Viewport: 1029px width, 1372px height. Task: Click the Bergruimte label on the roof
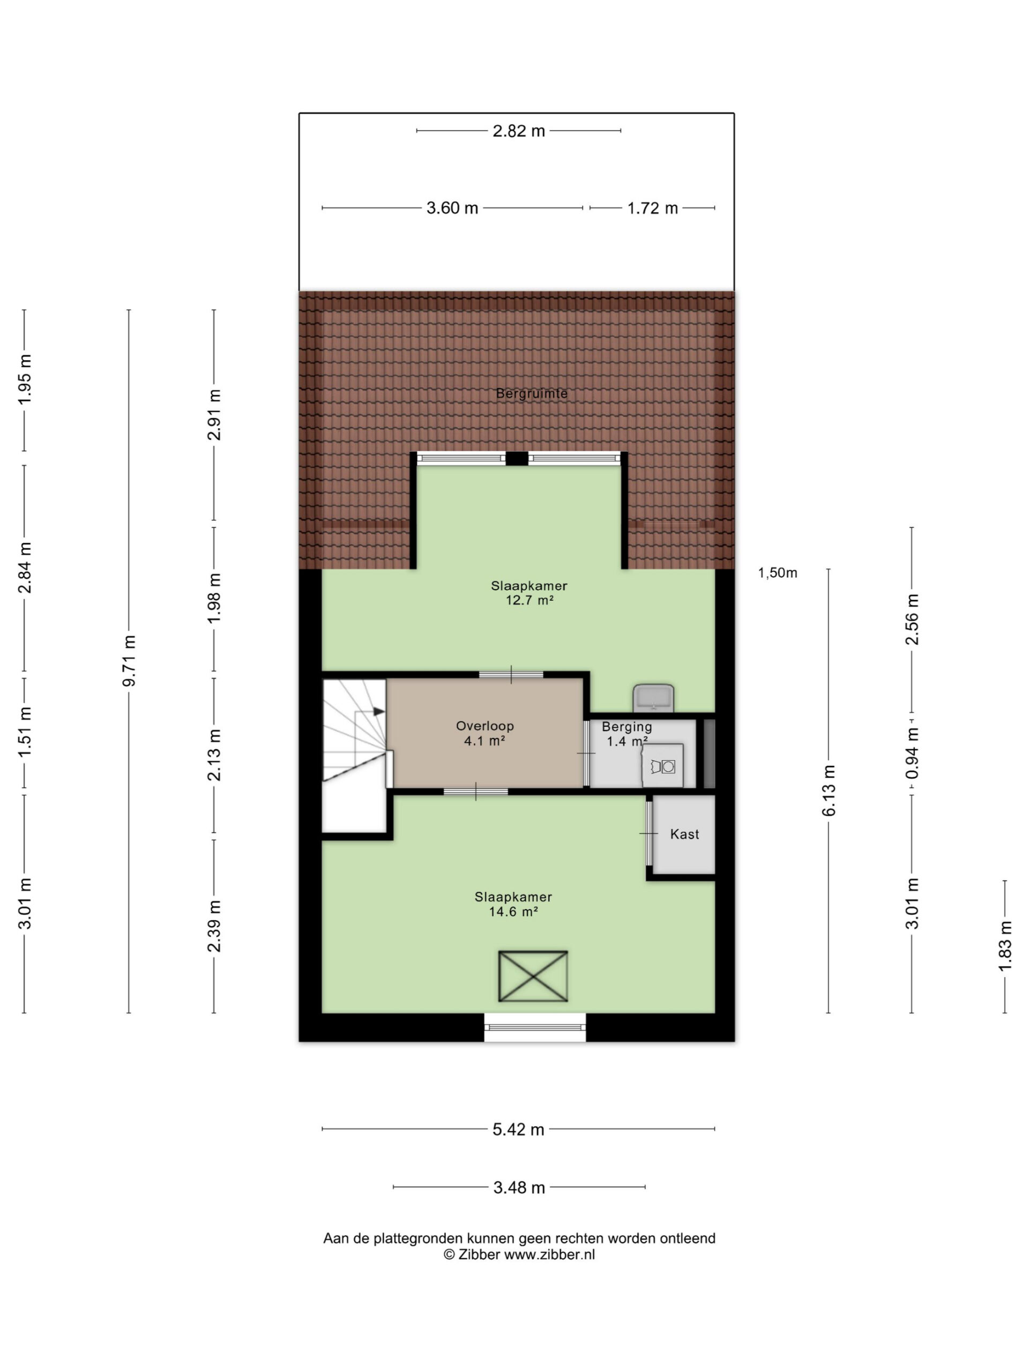531,393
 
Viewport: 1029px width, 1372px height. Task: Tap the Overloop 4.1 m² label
484,733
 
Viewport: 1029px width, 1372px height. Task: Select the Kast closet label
684,834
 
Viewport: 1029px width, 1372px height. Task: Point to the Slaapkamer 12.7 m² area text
529,592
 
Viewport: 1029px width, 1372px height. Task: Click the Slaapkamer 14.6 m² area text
513,904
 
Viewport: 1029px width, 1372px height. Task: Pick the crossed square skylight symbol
533,975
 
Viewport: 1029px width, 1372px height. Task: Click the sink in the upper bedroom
653,698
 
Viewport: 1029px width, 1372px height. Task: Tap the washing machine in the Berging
662,765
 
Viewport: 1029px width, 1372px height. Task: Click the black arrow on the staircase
378,711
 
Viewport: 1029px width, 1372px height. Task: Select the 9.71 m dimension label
129,661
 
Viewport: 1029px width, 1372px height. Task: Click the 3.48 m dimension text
519,1187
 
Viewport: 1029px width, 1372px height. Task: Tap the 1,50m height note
777,572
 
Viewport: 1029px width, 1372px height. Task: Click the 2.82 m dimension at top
519,131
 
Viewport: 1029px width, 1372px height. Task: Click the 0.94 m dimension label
912,754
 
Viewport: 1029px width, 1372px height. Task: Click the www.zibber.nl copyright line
519,1254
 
